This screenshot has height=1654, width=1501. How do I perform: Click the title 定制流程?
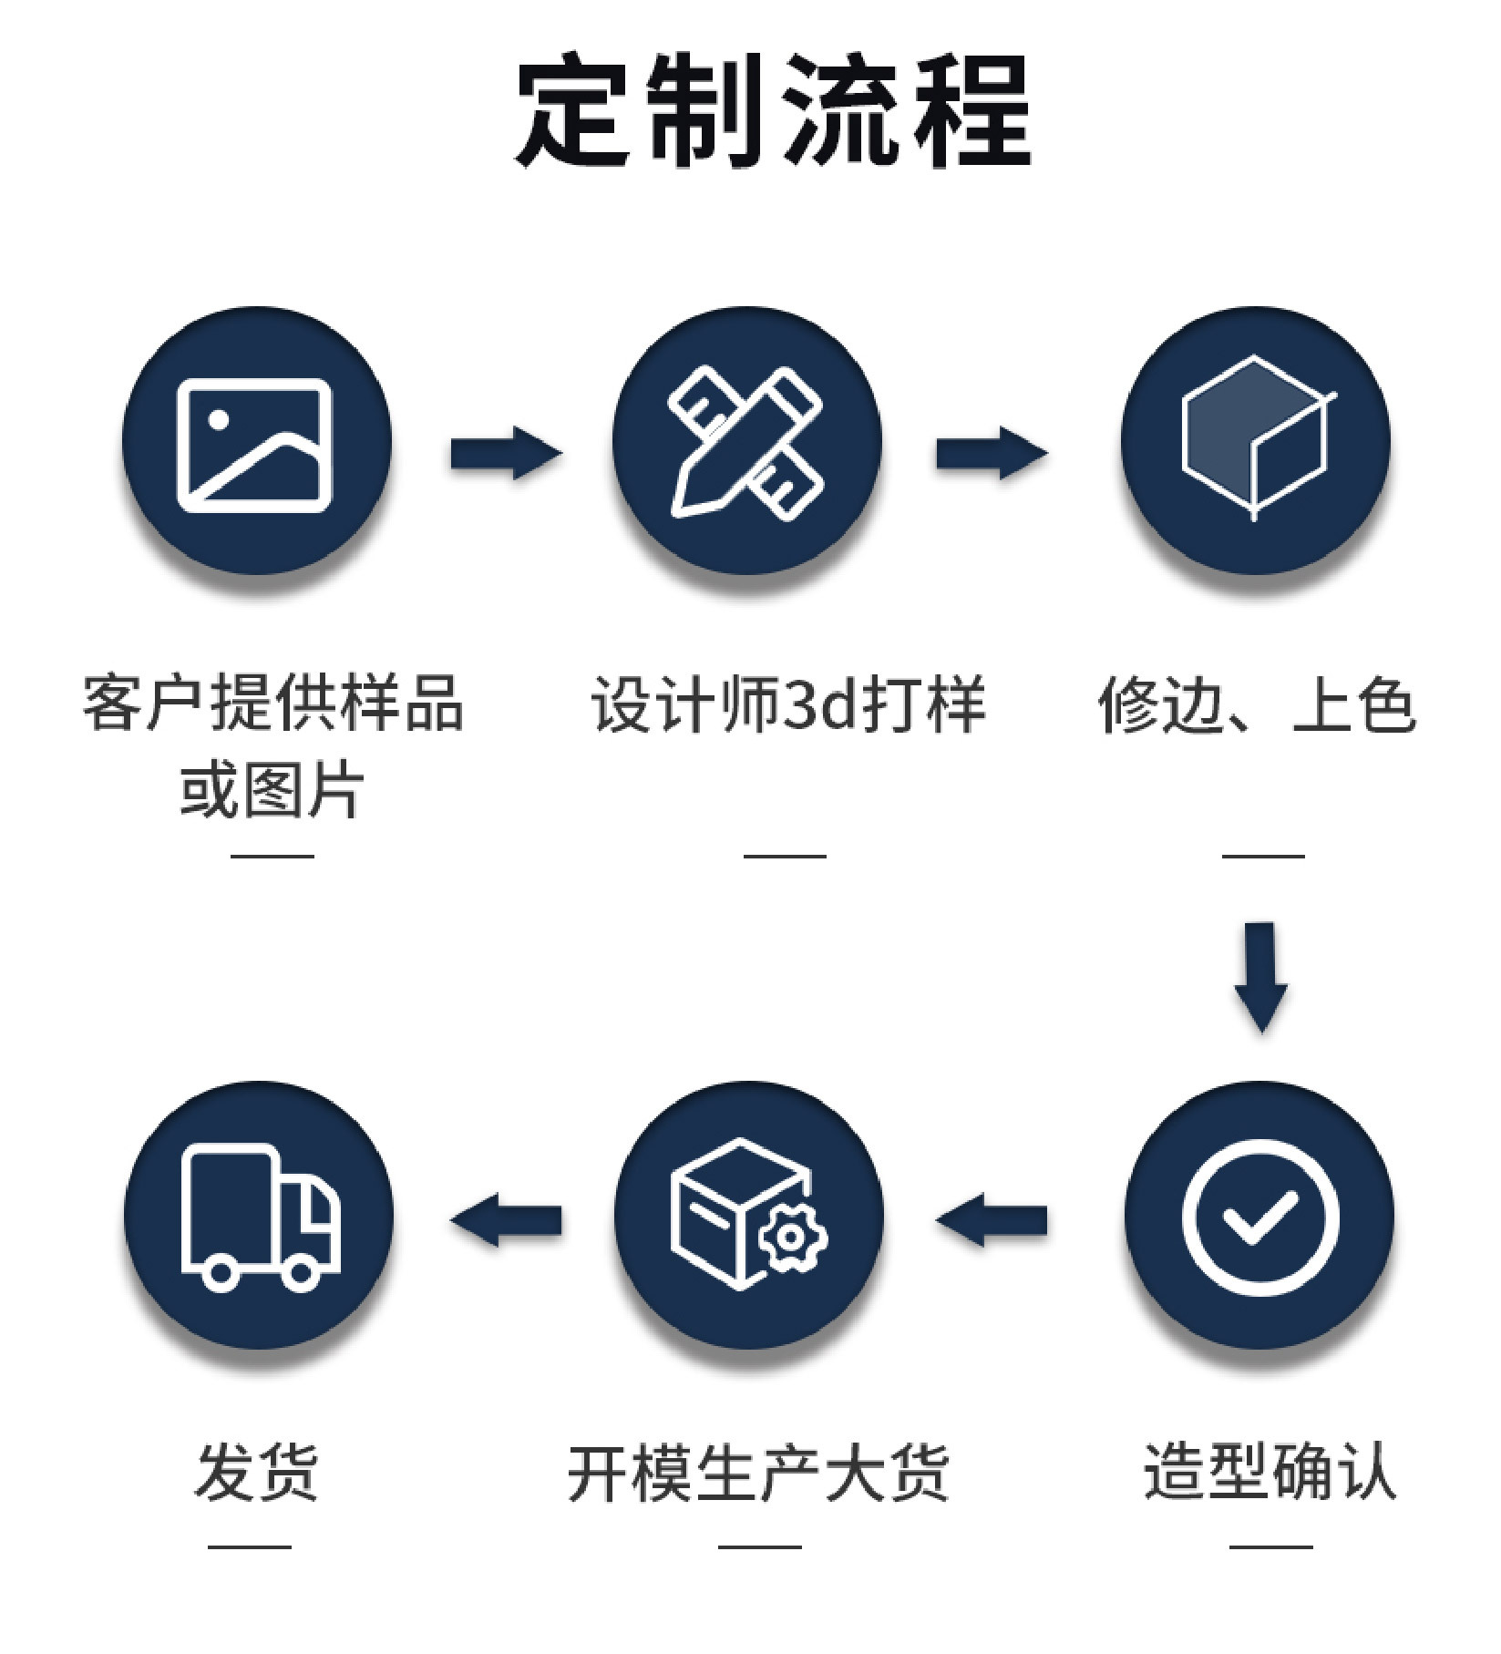[773, 111]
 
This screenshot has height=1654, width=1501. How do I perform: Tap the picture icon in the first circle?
[255, 445]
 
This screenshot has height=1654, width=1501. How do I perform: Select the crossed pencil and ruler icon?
[747, 443]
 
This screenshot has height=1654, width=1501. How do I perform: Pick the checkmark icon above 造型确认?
[1259, 1217]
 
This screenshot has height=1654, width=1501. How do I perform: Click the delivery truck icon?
[260, 1217]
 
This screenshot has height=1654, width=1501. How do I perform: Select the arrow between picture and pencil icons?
[505, 452]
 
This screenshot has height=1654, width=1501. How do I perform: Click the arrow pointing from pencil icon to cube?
[992, 452]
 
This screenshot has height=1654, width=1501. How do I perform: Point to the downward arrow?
[1260, 976]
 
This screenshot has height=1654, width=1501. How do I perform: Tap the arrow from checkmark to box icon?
[992, 1219]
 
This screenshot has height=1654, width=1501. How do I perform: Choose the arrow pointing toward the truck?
[506, 1219]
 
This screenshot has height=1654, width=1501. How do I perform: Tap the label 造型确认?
[1270, 1470]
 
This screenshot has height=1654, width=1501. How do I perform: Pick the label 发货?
[256, 1470]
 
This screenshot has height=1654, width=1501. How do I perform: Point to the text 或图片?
[272, 789]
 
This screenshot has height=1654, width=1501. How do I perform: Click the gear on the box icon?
[792, 1237]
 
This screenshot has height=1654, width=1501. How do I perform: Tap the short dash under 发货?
[249, 1546]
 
